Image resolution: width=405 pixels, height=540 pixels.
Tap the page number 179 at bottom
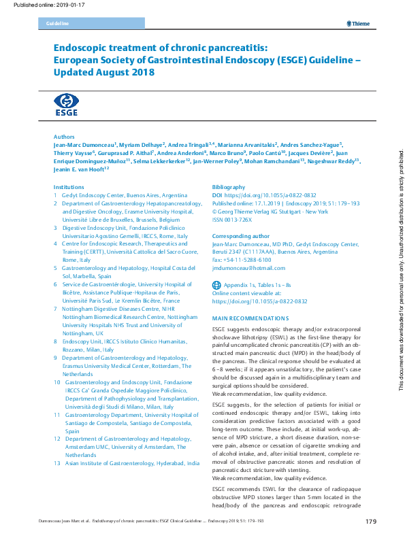click(370, 522)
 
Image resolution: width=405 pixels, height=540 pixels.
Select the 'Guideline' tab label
click(57, 24)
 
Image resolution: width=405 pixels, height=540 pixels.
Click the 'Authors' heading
click(64, 136)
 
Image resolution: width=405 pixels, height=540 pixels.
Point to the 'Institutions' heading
click(69, 186)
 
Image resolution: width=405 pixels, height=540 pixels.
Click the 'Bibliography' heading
click(229, 186)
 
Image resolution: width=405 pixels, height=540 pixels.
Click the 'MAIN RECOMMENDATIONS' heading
click(250, 318)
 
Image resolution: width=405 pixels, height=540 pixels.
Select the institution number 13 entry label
click(58, 462)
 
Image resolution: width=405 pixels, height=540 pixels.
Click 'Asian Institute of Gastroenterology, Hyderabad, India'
click(131, 462)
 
